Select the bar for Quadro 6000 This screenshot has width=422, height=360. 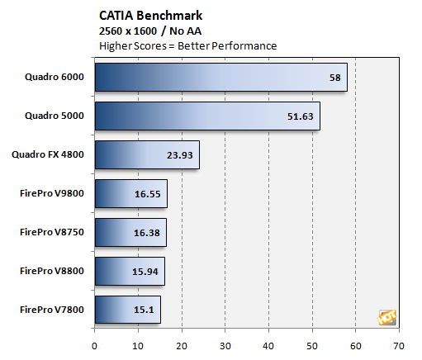click(x=220, y=78)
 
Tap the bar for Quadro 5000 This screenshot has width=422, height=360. click(x=206, y=116)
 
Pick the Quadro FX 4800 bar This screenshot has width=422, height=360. click(x=146, y=154)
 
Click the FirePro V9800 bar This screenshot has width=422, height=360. click(x=130, y=193)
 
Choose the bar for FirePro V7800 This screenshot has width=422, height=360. click(x=127, y=310)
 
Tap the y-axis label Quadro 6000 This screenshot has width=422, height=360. click(x=54, y=77)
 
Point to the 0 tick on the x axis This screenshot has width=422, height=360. click(x=95, y=344)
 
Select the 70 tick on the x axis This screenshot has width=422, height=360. click(x=399, y=344)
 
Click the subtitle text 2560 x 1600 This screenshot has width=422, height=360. click(x=128, y=31)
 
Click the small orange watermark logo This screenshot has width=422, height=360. click(x=386, y=317)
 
